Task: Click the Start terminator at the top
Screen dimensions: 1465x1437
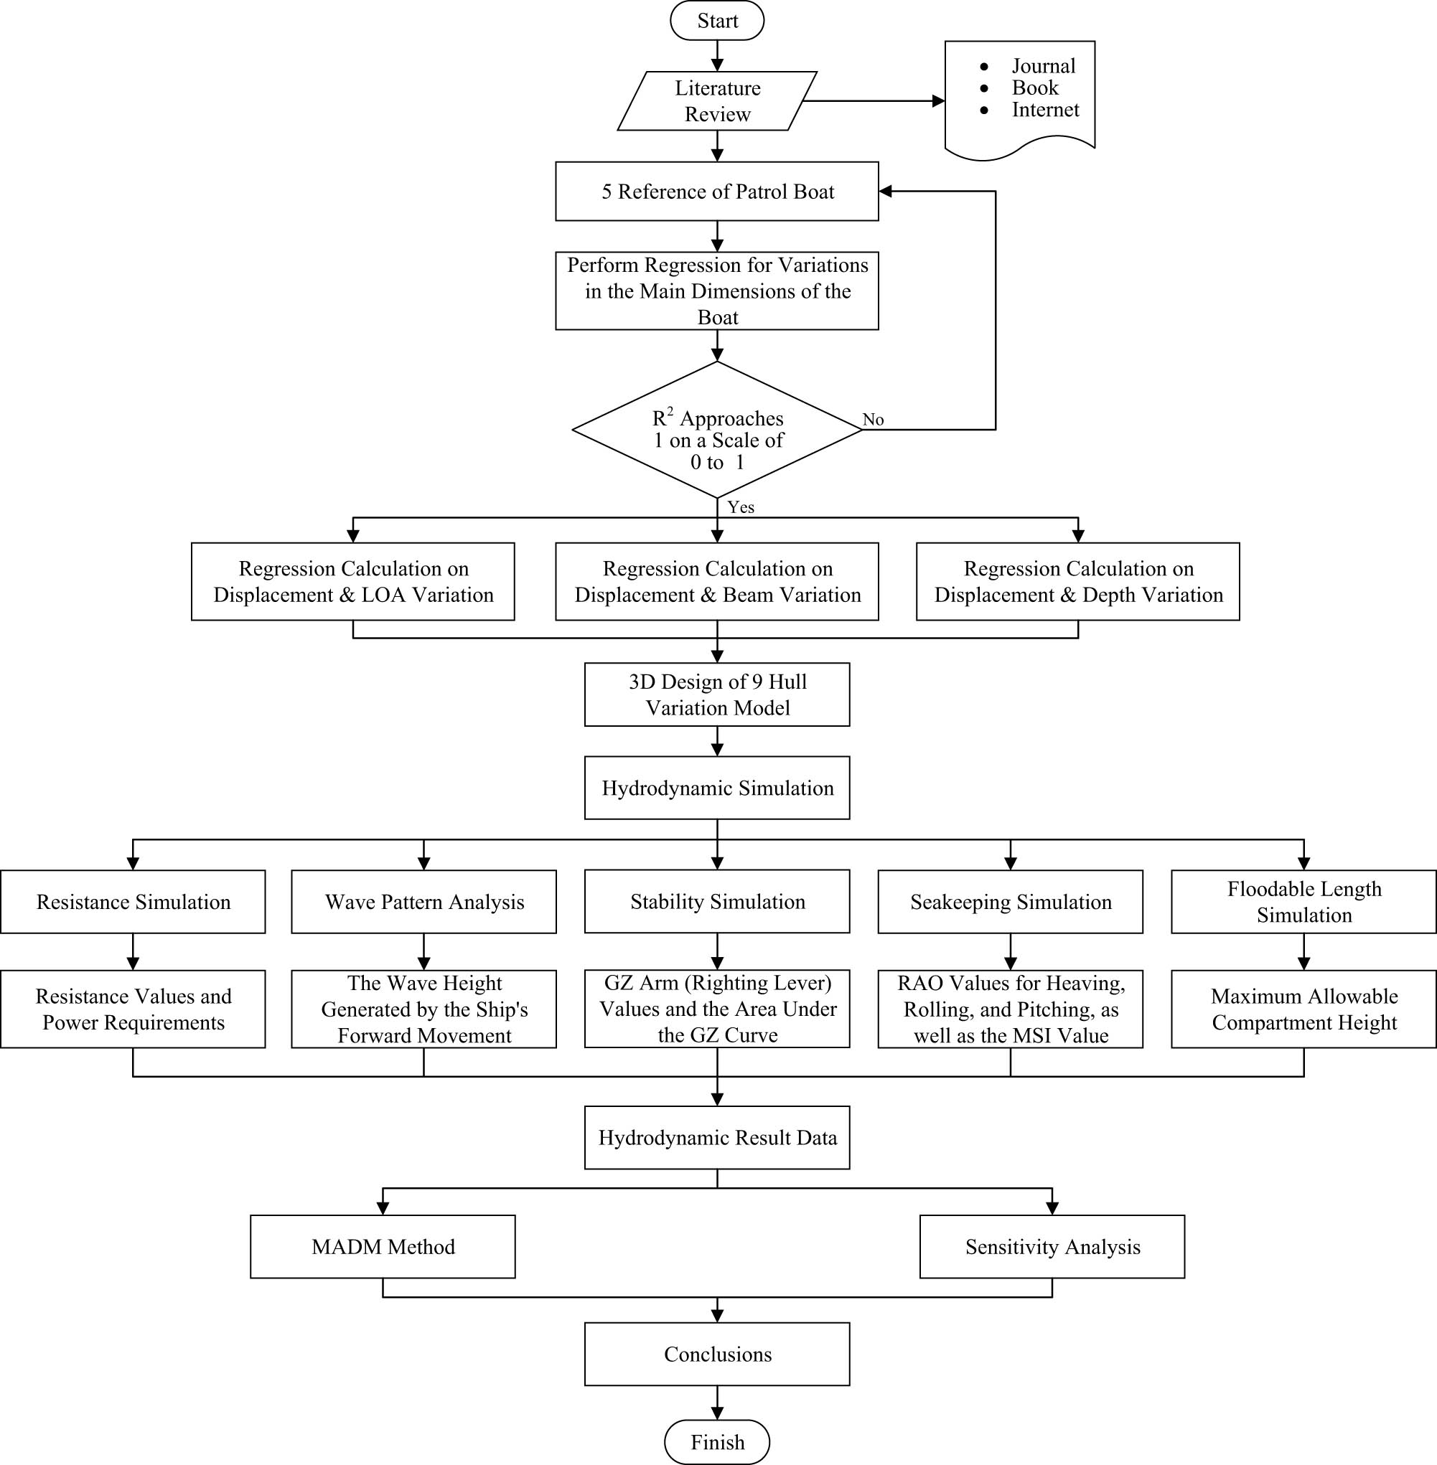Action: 717,20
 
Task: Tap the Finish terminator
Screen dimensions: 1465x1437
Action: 717,1441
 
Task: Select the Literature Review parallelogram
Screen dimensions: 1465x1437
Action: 717,101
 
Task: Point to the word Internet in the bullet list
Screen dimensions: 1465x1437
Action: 1044,110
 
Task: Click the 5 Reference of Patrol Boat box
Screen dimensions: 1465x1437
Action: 717,192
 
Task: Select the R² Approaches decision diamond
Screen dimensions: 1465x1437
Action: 717,430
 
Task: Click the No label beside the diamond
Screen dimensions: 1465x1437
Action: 873,420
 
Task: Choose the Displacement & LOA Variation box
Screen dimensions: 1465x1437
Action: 353,582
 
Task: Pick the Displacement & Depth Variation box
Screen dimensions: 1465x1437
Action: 1078,582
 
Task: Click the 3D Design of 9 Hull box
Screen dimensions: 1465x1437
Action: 717,694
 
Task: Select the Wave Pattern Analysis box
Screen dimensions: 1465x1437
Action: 424,903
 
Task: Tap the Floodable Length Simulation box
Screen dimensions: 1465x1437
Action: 1303,903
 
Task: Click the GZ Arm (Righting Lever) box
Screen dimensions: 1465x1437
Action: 717,1009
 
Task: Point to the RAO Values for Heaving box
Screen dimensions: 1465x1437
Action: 1010,1009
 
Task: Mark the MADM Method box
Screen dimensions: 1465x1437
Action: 383,1247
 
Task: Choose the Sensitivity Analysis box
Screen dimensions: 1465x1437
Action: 1052,1247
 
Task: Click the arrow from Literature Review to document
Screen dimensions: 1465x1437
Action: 876,101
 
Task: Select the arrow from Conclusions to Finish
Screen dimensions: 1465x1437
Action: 717,1403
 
